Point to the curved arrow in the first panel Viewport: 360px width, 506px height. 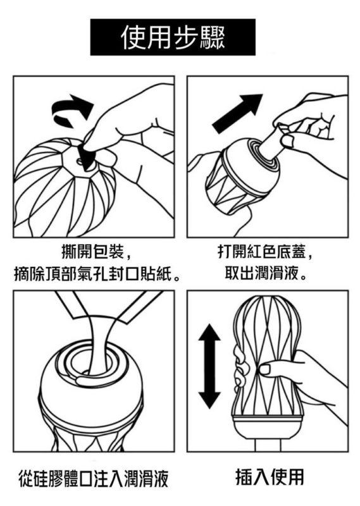(x=71, y=109)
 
